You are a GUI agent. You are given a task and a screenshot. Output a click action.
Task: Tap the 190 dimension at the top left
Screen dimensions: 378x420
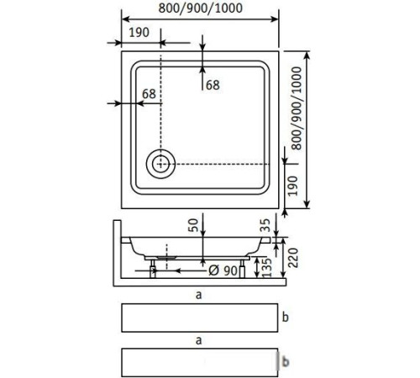pos(139,33)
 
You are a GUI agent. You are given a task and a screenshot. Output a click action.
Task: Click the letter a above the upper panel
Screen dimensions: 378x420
pos(198,295)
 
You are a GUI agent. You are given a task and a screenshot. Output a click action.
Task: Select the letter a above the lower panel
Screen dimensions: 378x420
pos(198,341)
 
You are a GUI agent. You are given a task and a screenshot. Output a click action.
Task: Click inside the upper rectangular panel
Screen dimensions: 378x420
pos(198,318)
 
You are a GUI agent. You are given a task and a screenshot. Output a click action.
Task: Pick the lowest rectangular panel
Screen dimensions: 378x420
pos(198,362)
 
